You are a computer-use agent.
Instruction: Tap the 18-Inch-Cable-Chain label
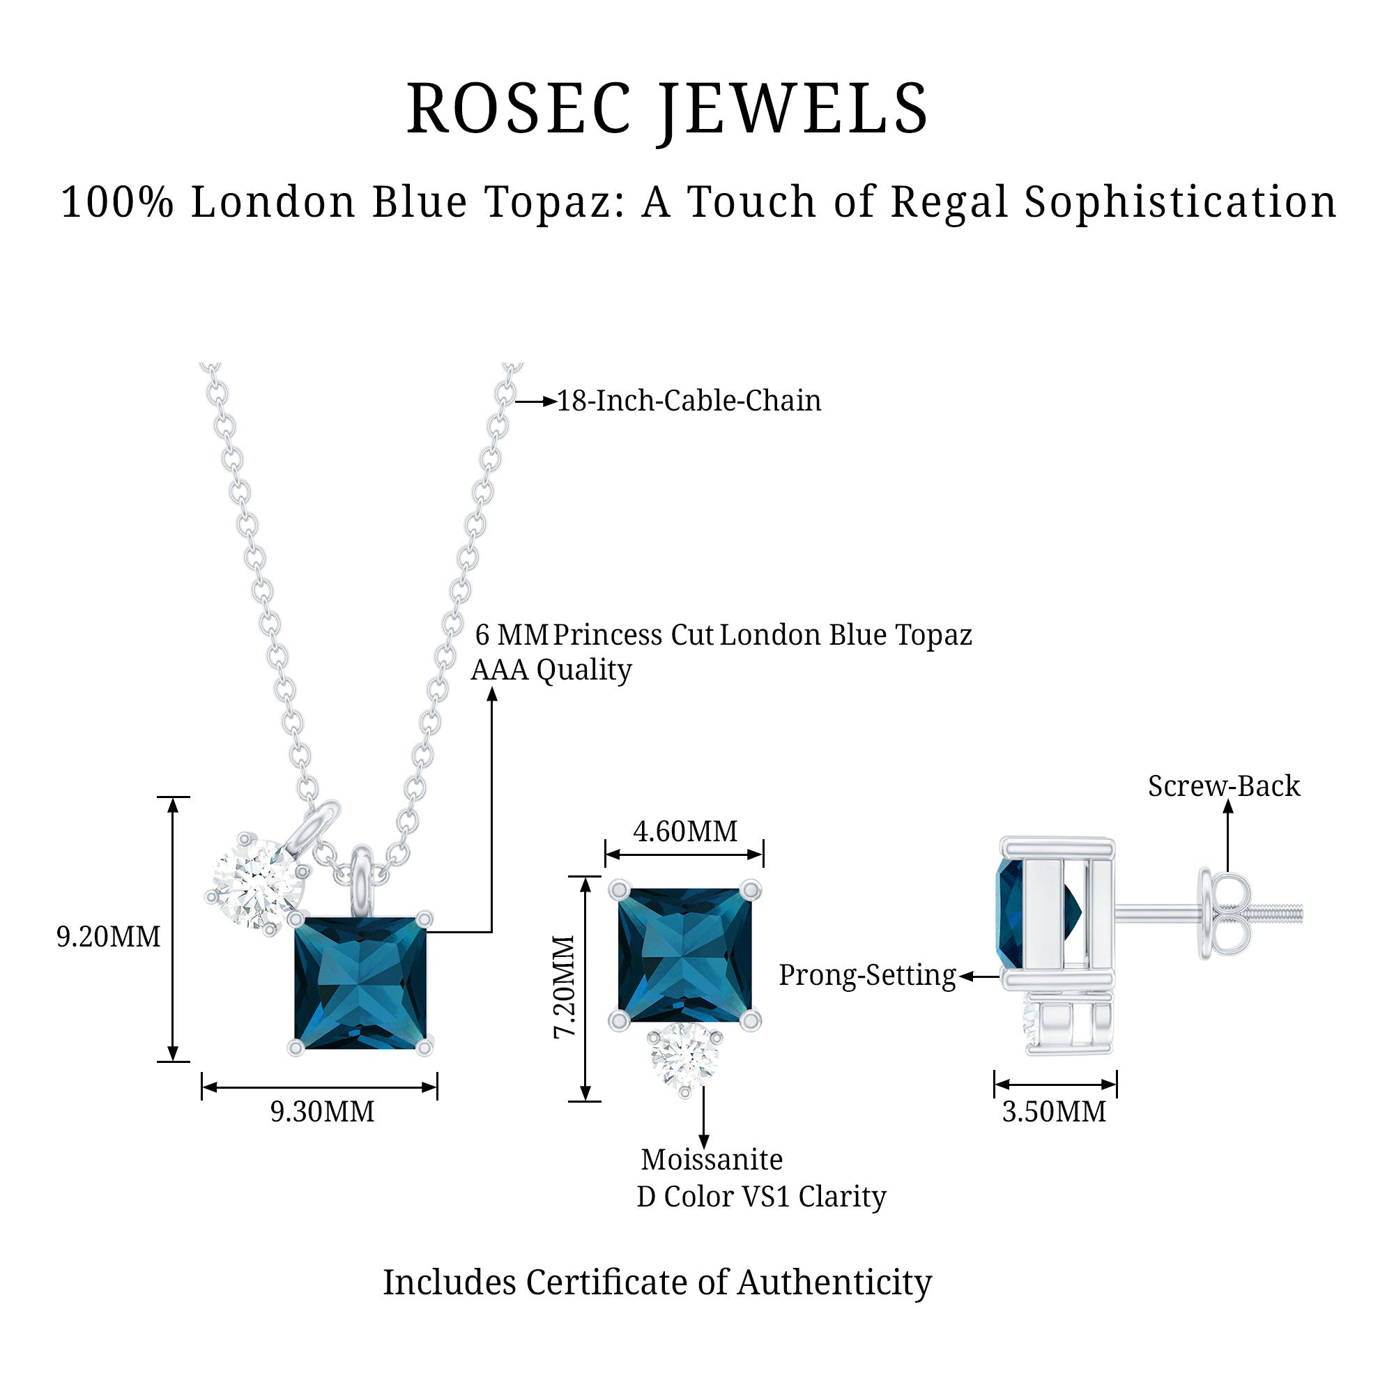(689, 401)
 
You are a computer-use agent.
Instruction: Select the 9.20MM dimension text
(108, 937)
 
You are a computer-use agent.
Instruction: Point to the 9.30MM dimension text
(323, 1111)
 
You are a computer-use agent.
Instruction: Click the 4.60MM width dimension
(685, 832)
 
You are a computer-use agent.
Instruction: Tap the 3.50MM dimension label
(1054, 1111)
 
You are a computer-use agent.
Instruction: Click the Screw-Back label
(1224, 786)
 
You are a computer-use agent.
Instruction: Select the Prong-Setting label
(866, 976)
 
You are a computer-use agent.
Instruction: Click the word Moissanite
(712, 1160)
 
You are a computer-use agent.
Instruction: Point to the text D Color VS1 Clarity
(761, 1196)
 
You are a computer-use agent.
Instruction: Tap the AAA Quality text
(551, 670)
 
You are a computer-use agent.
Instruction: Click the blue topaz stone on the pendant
(360, 983)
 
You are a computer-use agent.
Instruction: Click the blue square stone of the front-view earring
(684, 956)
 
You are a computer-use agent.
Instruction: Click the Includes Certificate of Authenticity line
(657, 1282)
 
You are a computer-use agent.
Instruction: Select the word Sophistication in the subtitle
(1181, 202)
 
